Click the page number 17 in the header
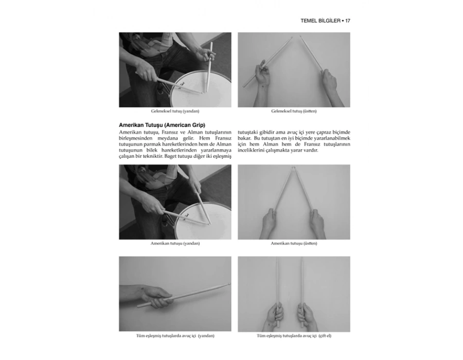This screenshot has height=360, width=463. click(x=348, y=21)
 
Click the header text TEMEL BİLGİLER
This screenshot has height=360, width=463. click(x=320, y=21)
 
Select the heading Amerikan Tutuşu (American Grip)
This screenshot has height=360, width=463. click(x=162, y=125)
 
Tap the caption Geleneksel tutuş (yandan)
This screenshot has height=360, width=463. click(x=175, y=111)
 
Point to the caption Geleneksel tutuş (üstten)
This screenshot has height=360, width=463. click(x=294, y=111)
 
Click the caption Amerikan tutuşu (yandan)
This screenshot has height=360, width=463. click(x=175, y=243)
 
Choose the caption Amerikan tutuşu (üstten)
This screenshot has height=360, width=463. click(x=294, y=243)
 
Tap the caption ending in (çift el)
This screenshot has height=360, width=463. click(x=294, y=336)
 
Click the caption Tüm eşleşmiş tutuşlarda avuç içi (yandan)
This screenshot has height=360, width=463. click(x=175, y=336)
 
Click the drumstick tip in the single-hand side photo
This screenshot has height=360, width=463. click(x=229, y=284)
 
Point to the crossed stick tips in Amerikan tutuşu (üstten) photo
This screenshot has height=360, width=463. click(x=294, y=168)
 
